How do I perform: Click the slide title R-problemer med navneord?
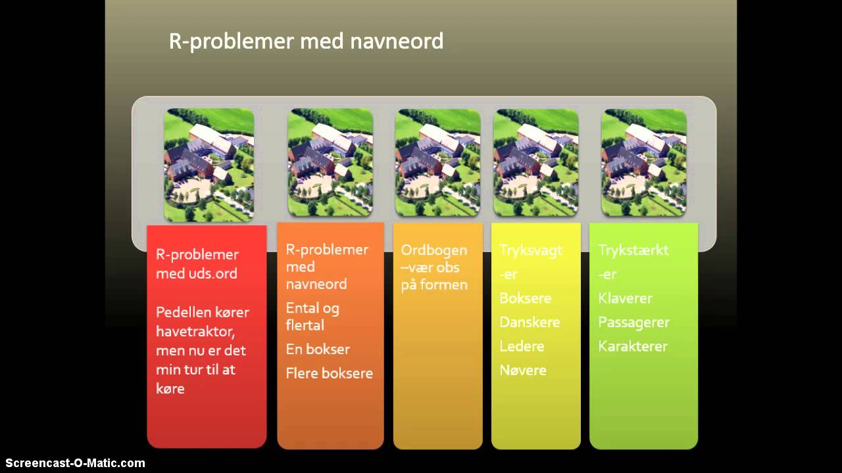tap(306, 41)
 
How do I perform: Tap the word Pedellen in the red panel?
tap(184, 312)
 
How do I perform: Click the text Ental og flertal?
tap(312, 316)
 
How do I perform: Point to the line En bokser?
tap(318, 349)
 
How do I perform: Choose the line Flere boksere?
tap(329, 373)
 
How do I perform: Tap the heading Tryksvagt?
tap(531, 250)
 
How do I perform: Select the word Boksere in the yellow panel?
tap(525, 298)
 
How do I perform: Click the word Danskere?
tap(530, 323)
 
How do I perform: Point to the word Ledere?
tap(522, 346)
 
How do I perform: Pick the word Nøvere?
tap(523, 371)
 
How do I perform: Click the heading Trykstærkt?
tap(633, 250)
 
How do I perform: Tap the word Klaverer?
tap(625, 298)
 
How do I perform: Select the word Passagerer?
tap(633, 323)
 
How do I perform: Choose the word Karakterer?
tap(633, 346)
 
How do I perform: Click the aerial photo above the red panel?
tap(209, 164)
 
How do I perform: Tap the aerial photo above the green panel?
tap(644, 162)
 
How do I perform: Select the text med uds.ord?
tap(197, 273)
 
